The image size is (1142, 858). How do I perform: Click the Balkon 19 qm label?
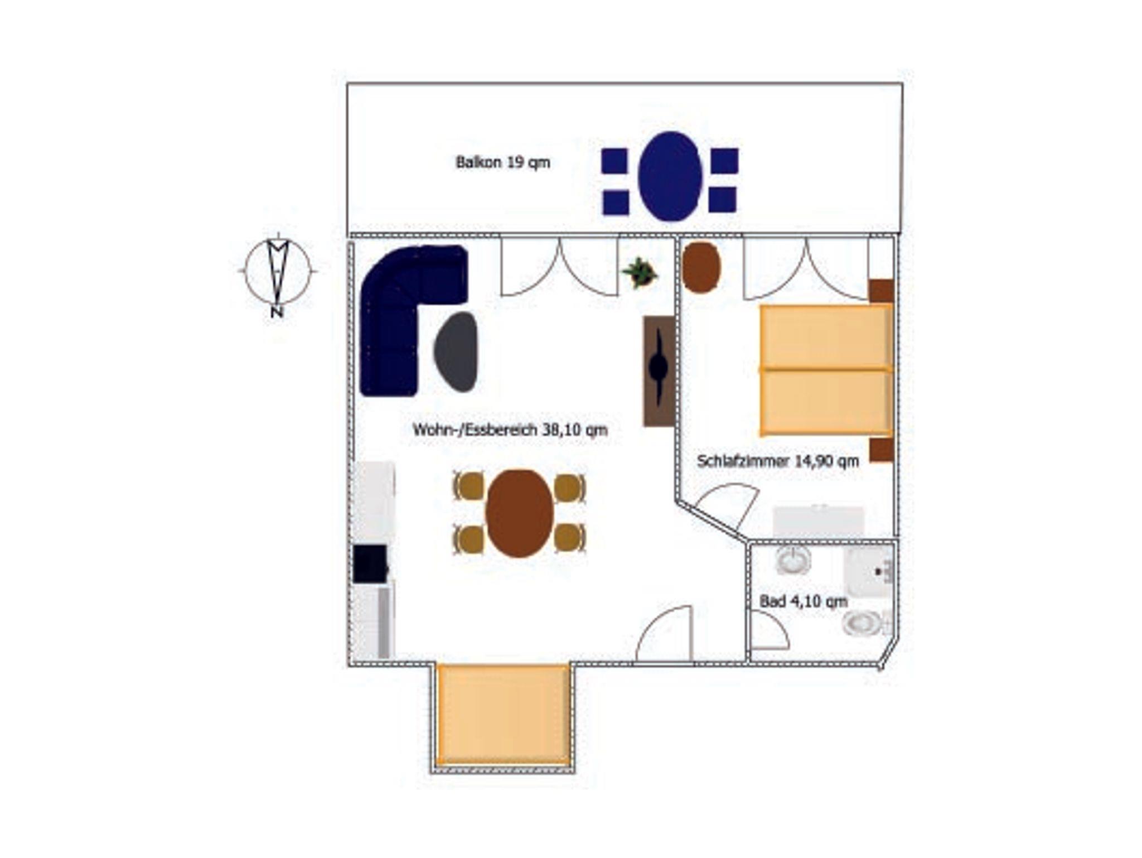(x=503, y=162)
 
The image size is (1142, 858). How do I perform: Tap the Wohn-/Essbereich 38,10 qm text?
(x=510, y=430)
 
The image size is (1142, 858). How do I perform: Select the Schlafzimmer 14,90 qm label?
(x=778, y=461)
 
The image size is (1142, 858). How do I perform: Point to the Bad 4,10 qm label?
(x=804, y=601)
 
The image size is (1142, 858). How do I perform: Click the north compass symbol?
(x=278, y=271)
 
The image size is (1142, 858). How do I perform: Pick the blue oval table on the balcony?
(x=670, y=176)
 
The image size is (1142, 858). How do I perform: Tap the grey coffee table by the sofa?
(x=456, y=351)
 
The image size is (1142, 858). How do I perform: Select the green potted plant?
(x=640, y=272)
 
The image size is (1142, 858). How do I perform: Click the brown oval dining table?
(x=520, y=513)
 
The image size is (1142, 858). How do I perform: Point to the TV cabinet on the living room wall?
(x=659, y=371)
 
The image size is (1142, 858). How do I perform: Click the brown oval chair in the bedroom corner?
(x=701, y=267)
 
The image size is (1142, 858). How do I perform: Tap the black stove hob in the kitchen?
(x=370, y=564)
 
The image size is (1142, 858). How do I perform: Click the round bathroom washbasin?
(x=793, y=561)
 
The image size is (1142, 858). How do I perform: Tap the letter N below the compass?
(x=277, y=313)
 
